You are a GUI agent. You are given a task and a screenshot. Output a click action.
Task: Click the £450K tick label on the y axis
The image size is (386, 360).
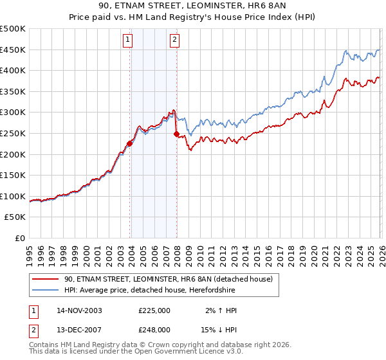13,50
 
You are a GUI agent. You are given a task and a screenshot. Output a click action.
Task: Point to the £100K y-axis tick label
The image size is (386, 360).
13,196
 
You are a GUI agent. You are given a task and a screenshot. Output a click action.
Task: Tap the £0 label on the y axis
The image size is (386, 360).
19,238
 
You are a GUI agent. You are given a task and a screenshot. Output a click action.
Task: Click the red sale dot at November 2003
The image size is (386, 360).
130,144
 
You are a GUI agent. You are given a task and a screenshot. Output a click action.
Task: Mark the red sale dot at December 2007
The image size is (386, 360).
176,134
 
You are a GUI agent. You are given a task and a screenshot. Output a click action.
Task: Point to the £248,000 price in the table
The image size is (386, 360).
154,329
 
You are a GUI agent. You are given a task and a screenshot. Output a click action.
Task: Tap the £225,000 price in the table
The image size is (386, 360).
154,310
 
